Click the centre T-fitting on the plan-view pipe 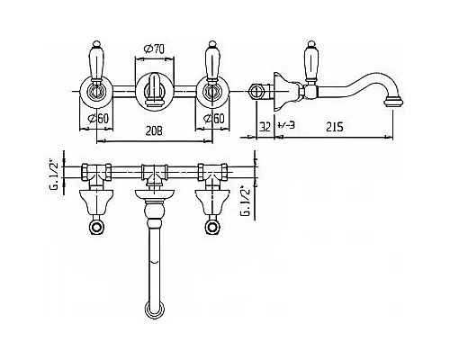(154, 170)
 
